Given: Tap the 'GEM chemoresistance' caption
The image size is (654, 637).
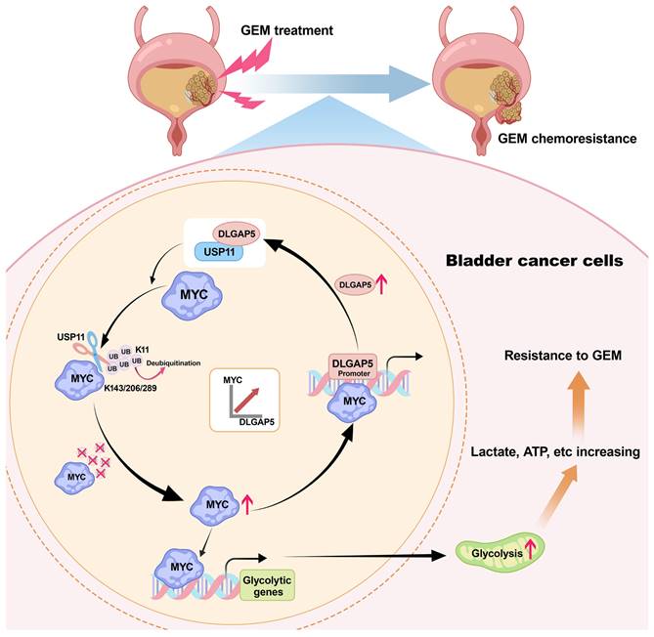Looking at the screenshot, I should (567, 139).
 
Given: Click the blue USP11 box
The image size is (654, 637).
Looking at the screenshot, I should (222, 253).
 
